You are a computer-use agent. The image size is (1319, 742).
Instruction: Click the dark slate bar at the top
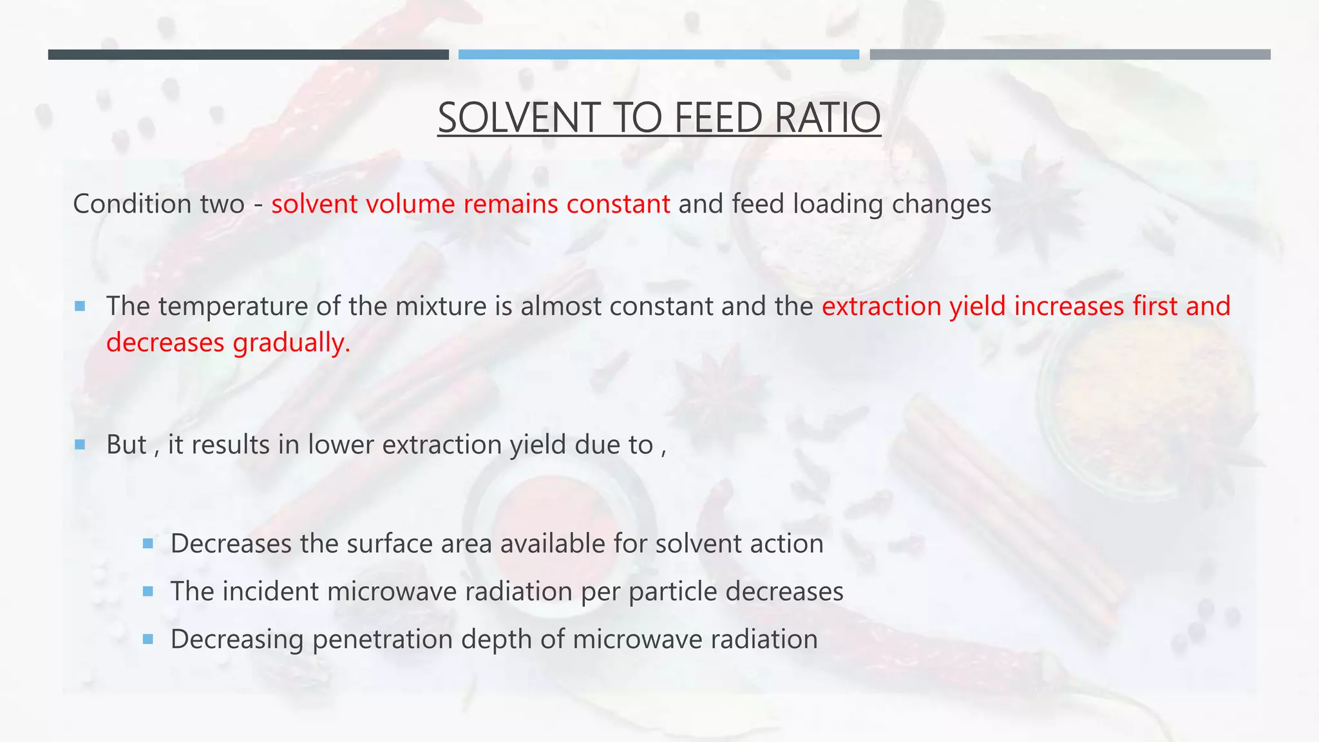(248, 55)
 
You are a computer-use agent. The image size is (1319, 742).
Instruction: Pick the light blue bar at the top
(658, 55)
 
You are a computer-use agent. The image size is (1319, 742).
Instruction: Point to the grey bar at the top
(1070, 55)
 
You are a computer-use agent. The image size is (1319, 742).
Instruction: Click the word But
(126, 445)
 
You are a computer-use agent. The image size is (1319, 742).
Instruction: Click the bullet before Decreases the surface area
(148, 544)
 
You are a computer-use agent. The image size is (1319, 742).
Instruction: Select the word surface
(390, 544)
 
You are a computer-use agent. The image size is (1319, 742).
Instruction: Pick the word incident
(270, 591)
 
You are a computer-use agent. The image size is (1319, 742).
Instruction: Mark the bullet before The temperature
(80, 306)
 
